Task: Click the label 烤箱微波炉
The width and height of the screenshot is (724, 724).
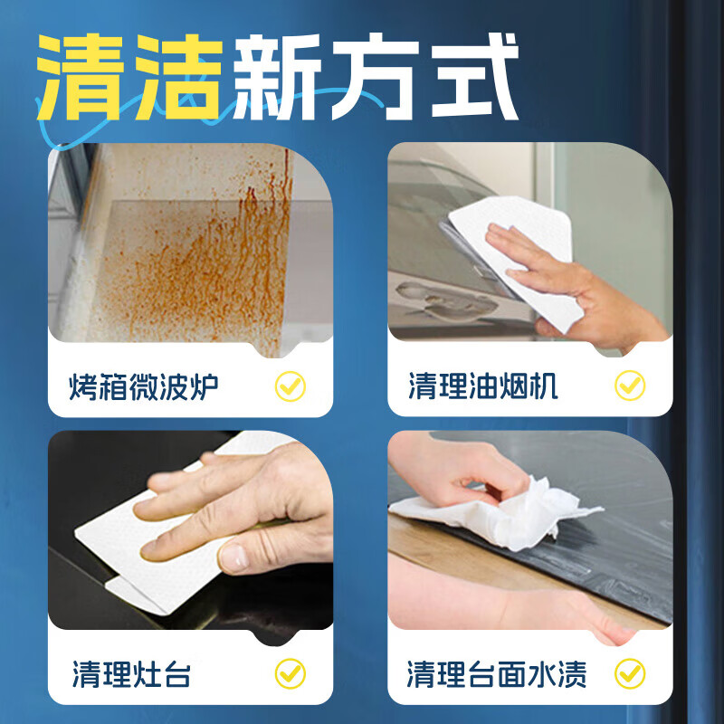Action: [x=144, y=388]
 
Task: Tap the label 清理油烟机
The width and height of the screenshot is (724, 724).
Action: [x=483, y=387]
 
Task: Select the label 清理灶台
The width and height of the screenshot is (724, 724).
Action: [x=132, y=674]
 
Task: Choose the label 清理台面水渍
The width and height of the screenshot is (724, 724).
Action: [x=497, y=674]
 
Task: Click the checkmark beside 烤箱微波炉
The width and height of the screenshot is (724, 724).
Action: [x=290, y=387]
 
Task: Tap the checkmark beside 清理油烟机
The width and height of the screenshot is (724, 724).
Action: [x=630, y=386]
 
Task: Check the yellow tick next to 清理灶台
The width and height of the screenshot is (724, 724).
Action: [x=290, y=673]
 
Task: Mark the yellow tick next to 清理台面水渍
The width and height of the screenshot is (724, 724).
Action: [x=630, y=673]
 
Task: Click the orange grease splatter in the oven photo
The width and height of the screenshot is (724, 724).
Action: [x=217, y=262]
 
